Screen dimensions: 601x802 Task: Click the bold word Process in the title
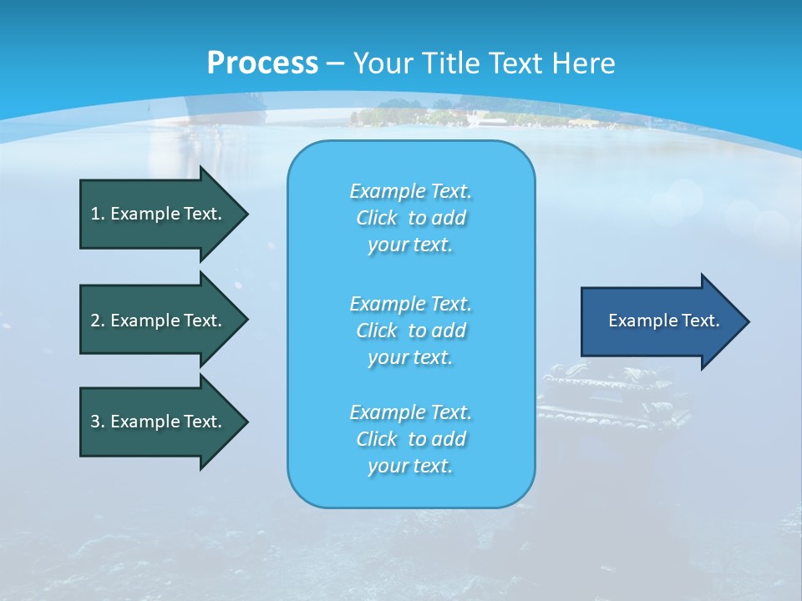point(262,63)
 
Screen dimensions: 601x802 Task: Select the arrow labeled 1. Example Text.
point(156,214)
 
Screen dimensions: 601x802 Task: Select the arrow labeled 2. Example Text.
point(156,321)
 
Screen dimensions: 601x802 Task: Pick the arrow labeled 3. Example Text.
point(156,422)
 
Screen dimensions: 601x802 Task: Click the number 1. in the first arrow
point(98,214)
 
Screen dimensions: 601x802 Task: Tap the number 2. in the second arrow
point(98,321)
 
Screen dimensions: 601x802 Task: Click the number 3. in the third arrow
point(98,422)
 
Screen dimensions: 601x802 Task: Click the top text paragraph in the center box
point(410,218)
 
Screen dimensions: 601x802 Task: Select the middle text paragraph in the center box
point(410,330)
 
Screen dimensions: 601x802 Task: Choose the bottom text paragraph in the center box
point(410,439)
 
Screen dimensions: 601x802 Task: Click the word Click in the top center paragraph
point(376,218)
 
